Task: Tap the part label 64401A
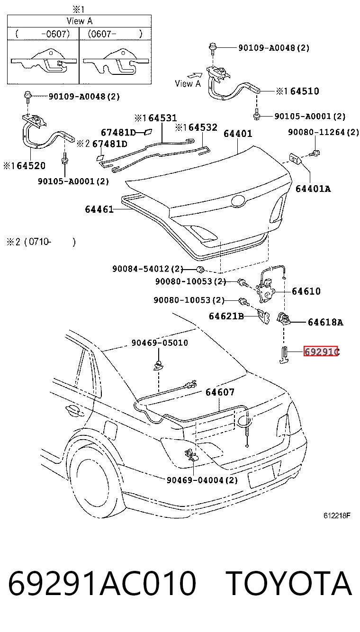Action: (x=313, y=189)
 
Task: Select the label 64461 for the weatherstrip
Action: (x=99, y=209)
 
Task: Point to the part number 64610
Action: (x=306, y=291)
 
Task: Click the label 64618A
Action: (x=325, y=322)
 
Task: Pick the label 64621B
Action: (x=226, y=316)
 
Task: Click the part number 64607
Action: (x=220, y=392)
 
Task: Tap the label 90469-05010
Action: (x=160, y=343)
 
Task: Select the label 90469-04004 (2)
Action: (x=202, y=480)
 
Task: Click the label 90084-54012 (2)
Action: (x=148, y=269)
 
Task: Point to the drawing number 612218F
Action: (x=337, y=515)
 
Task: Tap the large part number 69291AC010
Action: (x=102, y=583)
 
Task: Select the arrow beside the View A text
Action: (x=195, y=75)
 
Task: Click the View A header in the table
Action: (x=79, y=21)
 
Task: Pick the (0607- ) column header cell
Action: (x=115, y=34)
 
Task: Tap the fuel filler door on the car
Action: (x=110, y=430)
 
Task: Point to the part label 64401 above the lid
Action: (x=238, y=133)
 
